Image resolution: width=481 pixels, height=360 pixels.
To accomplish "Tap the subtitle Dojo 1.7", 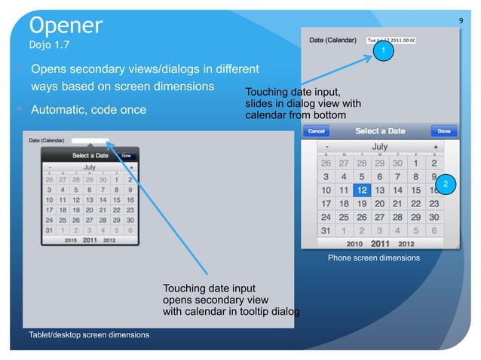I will point(54,46).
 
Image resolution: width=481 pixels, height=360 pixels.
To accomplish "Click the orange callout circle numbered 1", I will point(384,50).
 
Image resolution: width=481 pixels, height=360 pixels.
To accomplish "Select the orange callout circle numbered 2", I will point(445,185).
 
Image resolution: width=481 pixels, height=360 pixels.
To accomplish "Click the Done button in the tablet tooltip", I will point(126,155).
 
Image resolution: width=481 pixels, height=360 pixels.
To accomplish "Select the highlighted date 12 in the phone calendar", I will point(363,191).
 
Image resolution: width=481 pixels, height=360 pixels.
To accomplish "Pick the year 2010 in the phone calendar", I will point(354,243).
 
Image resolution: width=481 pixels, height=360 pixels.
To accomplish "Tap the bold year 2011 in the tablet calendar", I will point(90,240).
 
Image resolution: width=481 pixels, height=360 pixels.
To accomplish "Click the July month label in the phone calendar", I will point(380,146).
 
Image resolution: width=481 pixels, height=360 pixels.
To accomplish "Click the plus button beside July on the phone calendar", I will point(436,146).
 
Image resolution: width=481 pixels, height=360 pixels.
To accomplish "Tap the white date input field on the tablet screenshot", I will point(89,140).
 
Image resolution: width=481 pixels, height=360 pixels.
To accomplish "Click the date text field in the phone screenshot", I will point(391,40).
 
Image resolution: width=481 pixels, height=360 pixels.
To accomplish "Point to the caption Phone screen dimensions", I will point(373,258).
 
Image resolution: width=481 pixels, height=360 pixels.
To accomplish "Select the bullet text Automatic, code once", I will point(88,110).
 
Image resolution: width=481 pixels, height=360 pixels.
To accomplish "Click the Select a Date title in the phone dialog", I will point(380,131).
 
